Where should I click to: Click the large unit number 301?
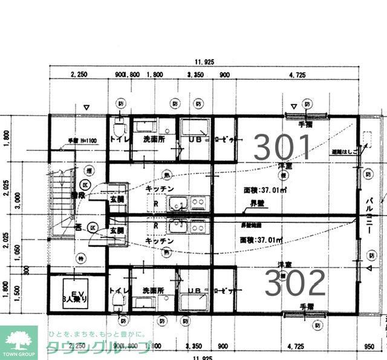(x=283, y=146)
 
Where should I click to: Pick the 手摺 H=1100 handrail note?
(x=79, y=141)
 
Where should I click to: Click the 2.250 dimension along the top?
(x=79, y=75)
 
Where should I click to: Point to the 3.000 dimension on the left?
(x=22, y=200)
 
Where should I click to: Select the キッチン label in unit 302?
(x=160, y=240)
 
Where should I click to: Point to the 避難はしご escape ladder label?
(x=343, y=152)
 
